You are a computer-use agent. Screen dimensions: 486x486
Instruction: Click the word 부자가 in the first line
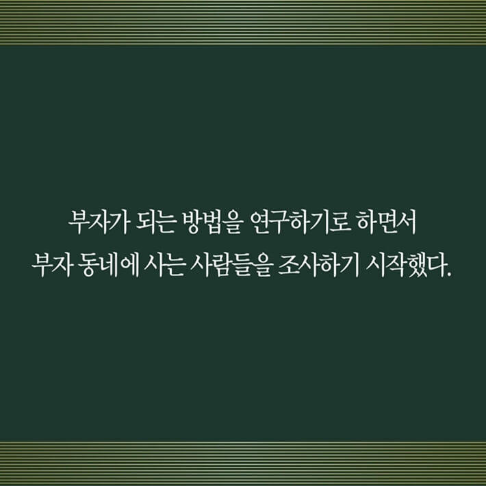pyautogui.click(x=95, y=224)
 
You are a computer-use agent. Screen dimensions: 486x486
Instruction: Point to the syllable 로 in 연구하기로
pyautogui.click(x=332, y=224)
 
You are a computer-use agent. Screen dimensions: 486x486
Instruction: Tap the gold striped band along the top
pyautogui.click(x=243, y=22)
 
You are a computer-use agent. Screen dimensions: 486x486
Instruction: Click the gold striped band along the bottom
pyautogui.click(x=243, y=463)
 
